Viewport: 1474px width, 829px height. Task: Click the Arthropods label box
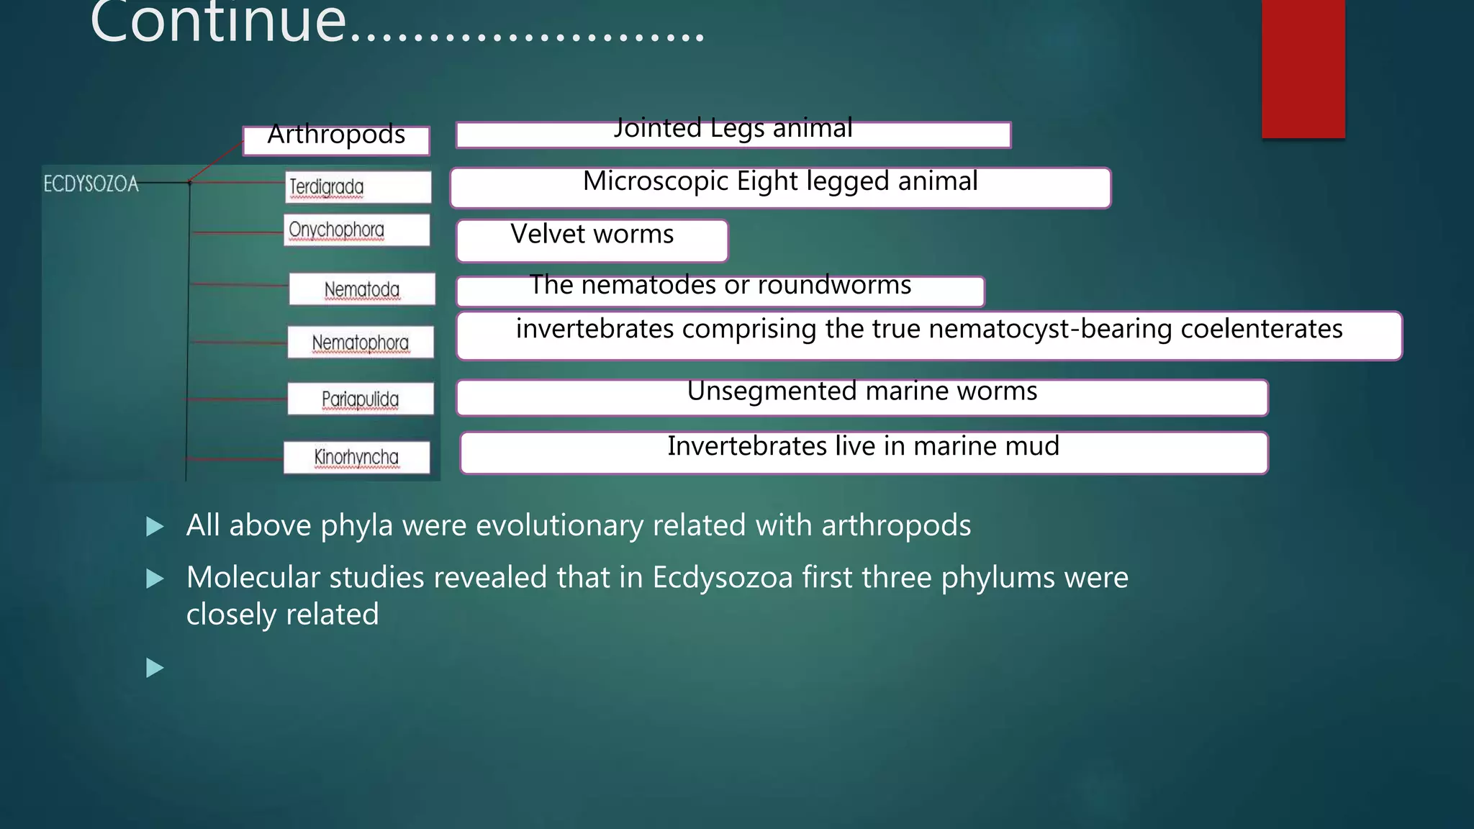(336, 139)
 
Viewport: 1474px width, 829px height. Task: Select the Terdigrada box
(358, 187)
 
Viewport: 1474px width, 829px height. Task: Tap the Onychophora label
(356, 230)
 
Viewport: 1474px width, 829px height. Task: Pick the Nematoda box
(362, 289)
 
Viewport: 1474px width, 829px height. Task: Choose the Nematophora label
(361, 343)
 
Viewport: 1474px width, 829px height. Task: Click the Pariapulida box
(361, 399)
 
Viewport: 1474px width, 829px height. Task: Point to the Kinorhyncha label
(356, 457)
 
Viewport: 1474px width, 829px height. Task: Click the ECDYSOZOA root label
(91, 184)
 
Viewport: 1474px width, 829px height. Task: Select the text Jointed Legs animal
(733, 129)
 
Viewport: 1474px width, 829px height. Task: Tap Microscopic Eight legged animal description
(780, 182)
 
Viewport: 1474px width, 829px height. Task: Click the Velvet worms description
(592, 235)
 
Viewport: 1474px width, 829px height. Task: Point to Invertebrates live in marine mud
(863, 447)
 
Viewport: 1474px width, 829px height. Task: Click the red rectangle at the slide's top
(1303, 68)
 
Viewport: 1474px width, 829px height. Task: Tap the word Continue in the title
(218, 22)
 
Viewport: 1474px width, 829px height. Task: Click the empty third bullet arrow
(155, 668)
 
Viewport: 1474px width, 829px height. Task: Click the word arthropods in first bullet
(895, 526)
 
